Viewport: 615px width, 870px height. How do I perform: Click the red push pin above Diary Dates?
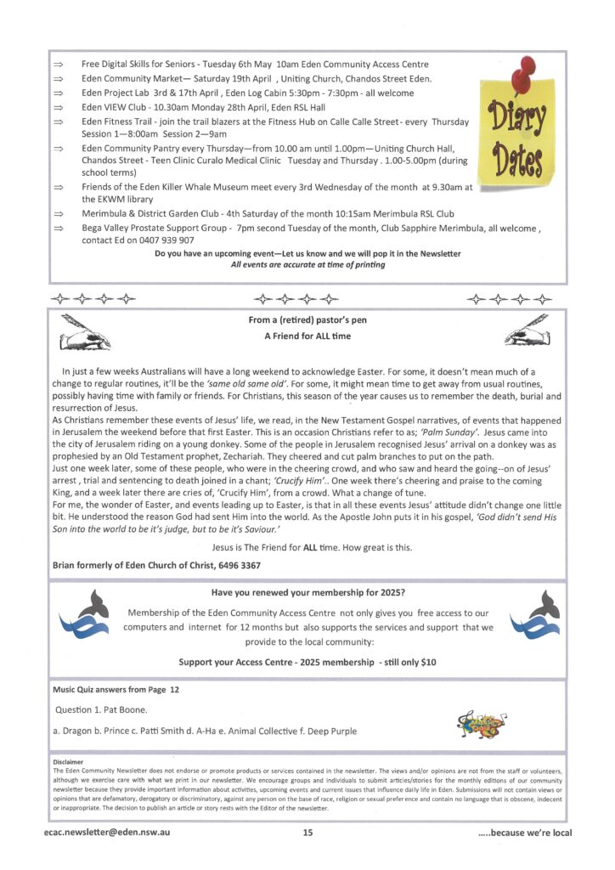pos(524,72)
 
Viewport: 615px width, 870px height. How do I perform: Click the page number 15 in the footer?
pos(307,833)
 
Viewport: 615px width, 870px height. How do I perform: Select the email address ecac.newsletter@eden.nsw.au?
pos(108,833)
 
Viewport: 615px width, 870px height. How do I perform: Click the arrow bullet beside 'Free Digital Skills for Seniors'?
pos(59,65)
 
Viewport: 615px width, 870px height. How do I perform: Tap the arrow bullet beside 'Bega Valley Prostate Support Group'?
pos(59,229)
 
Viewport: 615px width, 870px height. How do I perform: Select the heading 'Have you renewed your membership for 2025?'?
pos(307,594)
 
